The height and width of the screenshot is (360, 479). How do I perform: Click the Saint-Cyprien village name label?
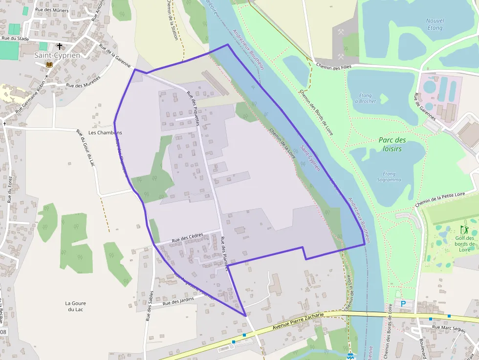57,55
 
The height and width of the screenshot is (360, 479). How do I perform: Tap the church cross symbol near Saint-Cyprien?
60,46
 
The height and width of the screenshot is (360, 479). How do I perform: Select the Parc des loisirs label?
392,144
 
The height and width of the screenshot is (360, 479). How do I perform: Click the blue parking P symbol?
403,304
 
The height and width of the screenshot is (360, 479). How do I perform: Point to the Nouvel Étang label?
435,24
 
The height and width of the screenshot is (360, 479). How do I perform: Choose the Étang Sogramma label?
389,177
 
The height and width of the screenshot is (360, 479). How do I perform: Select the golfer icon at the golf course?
464,230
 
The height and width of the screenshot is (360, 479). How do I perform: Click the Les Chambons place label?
105,133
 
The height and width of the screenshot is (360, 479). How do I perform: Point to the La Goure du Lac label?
76,306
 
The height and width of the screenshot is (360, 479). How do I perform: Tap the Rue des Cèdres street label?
188,238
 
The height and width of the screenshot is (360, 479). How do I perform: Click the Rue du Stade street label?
15,39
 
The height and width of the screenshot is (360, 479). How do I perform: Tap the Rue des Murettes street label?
84,81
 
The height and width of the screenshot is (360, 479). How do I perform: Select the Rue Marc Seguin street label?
449,328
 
